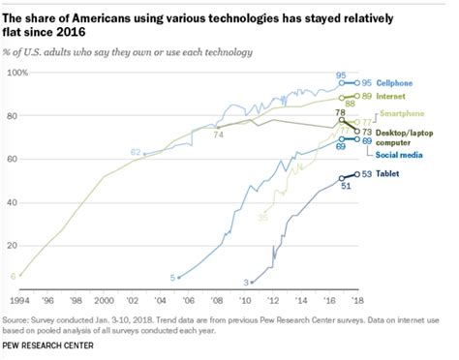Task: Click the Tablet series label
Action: pyautogui.click(x=388, y=174)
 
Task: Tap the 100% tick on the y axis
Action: pyautogui.click(x=17, y=74)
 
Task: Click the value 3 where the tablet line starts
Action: pyautogui.click(x=246, y=282)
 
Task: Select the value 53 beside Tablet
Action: pyautogui.click(x=366, y=174)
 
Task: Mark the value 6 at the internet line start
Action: pyautogui.click(x=13, y=277)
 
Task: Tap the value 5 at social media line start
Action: pyautogui.click(x=172, y=278)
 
